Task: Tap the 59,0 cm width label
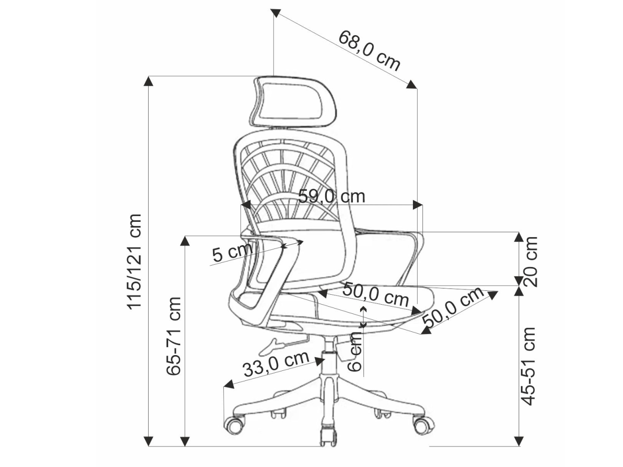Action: click(x=332, y=196)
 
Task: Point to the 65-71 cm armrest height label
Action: click(x=174, y=336)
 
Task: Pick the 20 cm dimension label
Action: click(x=530, y=262)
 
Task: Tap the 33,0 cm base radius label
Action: click(x=276, y=364)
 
